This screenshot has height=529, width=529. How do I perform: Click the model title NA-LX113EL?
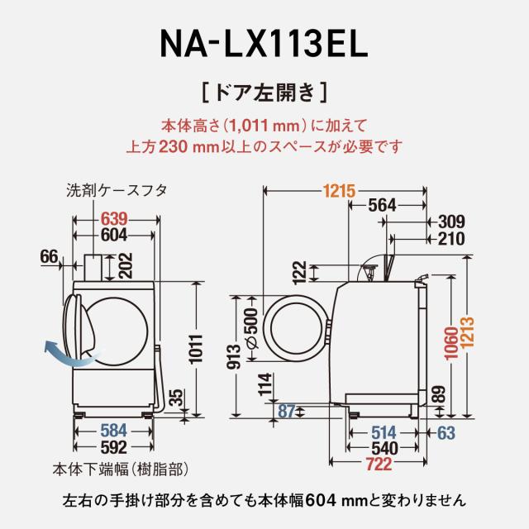(264, 43)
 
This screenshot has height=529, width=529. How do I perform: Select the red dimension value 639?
(115, 219)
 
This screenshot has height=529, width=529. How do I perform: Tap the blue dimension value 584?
(115, 430)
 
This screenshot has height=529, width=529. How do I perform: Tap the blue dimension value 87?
(287, 411)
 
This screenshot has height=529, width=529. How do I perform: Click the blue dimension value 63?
(446, 431)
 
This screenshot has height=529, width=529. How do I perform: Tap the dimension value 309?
(452, 222)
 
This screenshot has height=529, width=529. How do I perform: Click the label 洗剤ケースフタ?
(117, 189)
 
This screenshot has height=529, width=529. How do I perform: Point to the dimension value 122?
(300, 271)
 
